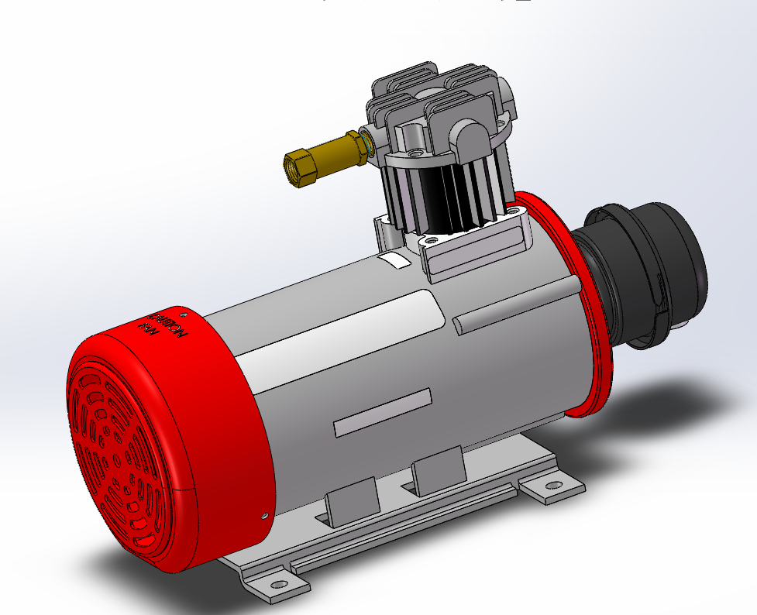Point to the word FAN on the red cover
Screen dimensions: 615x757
147,328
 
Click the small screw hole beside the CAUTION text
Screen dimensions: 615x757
184,314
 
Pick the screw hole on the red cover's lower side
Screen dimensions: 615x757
265,513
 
